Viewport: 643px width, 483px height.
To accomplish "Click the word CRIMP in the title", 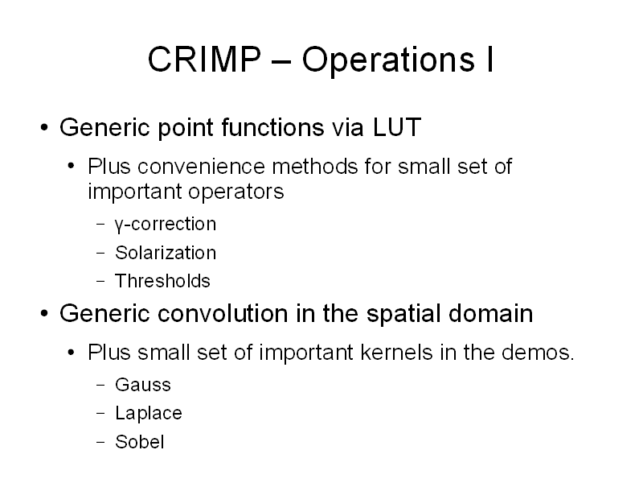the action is [204, 59].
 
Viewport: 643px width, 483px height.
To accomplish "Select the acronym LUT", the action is [397, 127].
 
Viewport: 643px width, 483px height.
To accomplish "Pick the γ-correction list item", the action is [166, 225].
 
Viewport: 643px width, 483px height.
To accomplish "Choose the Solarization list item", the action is [166, 253].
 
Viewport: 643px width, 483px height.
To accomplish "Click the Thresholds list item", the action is [162, 281].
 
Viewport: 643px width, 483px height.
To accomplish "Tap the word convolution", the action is [223, 313].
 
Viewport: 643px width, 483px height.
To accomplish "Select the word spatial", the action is [403, 315].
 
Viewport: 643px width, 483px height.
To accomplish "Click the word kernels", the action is [396, 353].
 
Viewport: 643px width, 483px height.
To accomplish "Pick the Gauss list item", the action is [143, 386].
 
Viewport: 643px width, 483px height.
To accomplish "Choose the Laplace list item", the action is [149, 413].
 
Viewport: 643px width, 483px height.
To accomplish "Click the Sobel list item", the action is [139, 442].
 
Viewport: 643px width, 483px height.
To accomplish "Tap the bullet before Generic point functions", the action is [44, 127].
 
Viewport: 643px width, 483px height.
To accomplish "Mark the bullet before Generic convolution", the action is [44, 314].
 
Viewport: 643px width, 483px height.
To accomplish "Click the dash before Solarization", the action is [100, 253].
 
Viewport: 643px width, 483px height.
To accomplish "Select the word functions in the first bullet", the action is [272, 127].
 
